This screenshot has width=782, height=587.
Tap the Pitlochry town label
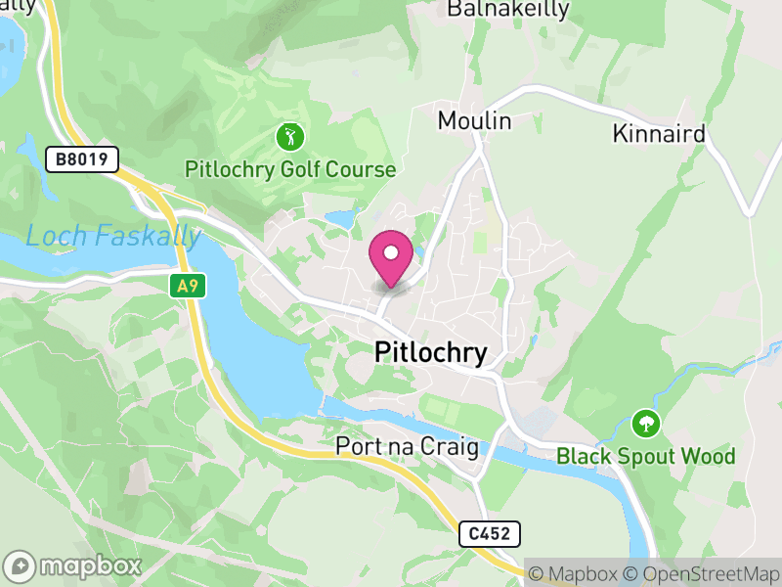[x=431, y=353]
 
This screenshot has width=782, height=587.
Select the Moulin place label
[x=475, y=121]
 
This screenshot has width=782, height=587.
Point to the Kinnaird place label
[x=659, y=134]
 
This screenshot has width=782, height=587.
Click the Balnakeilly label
[x=507, y=10]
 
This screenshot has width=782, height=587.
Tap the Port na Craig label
[x=407, y=447]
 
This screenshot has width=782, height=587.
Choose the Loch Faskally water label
[x=113, y=236]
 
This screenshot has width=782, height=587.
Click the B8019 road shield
[x=82, y=158]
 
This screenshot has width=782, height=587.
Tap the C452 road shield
[x=490, y=533]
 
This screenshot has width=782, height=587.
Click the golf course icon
[x=290, y=137]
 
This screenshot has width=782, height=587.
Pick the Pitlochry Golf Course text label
[x=290, y=170]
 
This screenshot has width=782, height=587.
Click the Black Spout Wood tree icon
[x=645, y=425]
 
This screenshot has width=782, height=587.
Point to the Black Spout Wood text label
[x=645, y=457]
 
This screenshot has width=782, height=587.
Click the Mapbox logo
[x=74, y=565]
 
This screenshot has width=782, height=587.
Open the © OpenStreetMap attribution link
[x=704, y=573]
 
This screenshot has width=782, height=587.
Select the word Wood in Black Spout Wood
[x=710, y=457]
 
